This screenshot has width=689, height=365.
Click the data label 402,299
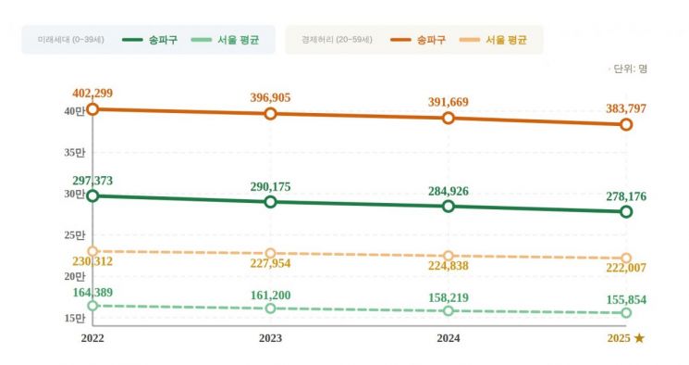click(x=92, y=94)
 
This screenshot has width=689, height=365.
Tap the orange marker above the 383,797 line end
click(x=626, y=124)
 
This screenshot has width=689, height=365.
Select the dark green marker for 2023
click(x=270, y=202)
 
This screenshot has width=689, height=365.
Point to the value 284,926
click(x=449, y=191)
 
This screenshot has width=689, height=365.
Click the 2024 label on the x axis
click(x=449, y=339)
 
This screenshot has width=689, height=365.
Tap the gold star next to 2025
click(x=639, y=339)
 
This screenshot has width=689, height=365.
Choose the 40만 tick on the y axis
click(x=74, y=111)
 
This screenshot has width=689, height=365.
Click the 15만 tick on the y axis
click(x=74, y=319)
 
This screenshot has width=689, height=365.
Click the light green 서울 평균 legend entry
click(x=228, y=40)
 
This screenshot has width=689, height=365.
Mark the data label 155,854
click(x=626, y=300)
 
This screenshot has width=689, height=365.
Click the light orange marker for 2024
click(x=449, y=256)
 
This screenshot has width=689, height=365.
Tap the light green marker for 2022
click(x=92, y=306)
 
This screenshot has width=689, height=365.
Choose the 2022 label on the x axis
click(x=92, y=339)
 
